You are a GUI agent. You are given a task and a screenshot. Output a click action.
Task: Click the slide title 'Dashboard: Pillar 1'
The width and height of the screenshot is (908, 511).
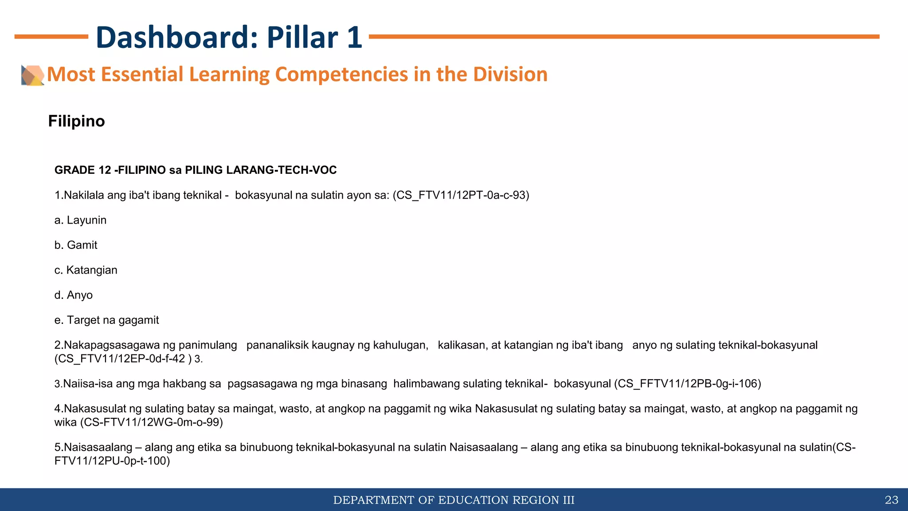point(229,37)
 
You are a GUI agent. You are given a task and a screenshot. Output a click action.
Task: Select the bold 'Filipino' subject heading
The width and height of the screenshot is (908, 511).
point(76,121)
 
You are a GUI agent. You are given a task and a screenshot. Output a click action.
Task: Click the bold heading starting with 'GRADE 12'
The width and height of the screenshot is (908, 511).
point(196,170)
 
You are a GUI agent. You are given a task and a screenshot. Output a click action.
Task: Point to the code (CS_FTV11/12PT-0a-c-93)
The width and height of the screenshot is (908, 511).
point(461,195)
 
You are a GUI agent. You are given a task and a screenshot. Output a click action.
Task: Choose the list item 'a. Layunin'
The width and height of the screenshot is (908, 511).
point(80,220)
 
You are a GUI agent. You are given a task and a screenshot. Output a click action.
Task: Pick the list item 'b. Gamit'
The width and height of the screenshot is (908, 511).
point(76,245)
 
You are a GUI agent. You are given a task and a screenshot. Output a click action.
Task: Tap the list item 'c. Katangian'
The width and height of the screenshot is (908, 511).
point(86,270)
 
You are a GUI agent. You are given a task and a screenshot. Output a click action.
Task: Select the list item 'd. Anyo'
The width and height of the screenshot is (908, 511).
point(73,295)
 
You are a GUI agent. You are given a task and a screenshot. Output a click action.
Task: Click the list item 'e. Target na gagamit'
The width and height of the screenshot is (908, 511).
point(106,320)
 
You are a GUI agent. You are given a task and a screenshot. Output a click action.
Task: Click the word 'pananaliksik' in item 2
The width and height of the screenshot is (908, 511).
point(274,345)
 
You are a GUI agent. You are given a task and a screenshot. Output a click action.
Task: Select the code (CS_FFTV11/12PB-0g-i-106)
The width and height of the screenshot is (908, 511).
point(688,384)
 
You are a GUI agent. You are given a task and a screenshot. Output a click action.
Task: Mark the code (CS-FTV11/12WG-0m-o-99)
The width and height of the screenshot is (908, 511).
point(151,422)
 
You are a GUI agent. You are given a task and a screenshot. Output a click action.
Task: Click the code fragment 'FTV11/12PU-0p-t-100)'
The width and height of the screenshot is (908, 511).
point(112,461)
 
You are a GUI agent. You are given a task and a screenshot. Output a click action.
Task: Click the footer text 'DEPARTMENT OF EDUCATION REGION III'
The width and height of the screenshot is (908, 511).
point(454,500)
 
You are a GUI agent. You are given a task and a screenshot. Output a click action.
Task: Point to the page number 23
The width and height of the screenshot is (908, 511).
point(891,500)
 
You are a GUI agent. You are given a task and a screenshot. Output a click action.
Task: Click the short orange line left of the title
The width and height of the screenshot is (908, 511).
point(51,37)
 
